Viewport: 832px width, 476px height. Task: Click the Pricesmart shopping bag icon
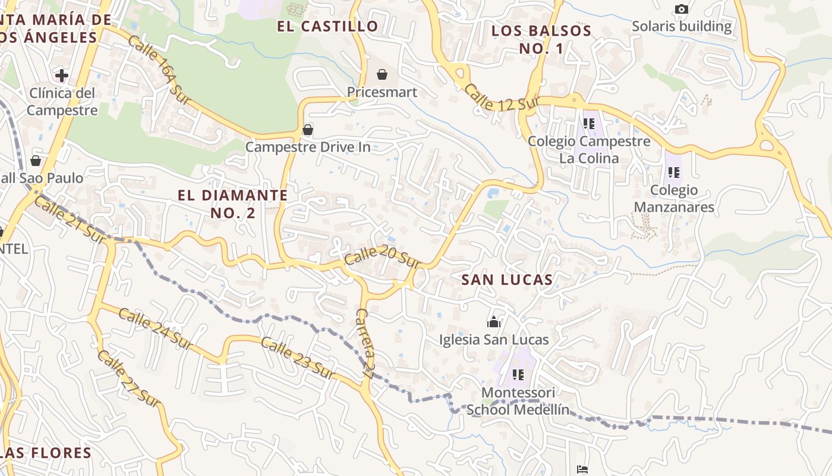(382, 75)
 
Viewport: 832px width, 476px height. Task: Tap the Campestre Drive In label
(308, 147)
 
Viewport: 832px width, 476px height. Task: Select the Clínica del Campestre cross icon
(61, 76)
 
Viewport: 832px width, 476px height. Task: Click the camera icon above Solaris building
(682, 9)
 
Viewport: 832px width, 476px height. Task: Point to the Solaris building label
(682, 27)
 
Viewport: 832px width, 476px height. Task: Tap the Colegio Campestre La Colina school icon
(589, 124)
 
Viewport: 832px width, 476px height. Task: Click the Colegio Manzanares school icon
(673, 173)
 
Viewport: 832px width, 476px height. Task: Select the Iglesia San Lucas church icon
(494, 322)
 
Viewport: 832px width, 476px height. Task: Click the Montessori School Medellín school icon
(518, 375)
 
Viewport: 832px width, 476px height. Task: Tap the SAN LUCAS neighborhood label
(507, 280)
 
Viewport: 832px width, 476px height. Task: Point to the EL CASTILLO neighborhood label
(328, 26)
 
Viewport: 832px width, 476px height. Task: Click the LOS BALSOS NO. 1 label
(541, 39)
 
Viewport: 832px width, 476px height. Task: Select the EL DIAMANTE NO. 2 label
(233, 203)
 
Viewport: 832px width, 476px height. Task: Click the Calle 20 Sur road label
(383, 258)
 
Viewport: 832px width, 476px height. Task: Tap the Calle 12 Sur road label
(500, 98)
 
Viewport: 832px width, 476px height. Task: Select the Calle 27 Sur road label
(129, 378)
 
